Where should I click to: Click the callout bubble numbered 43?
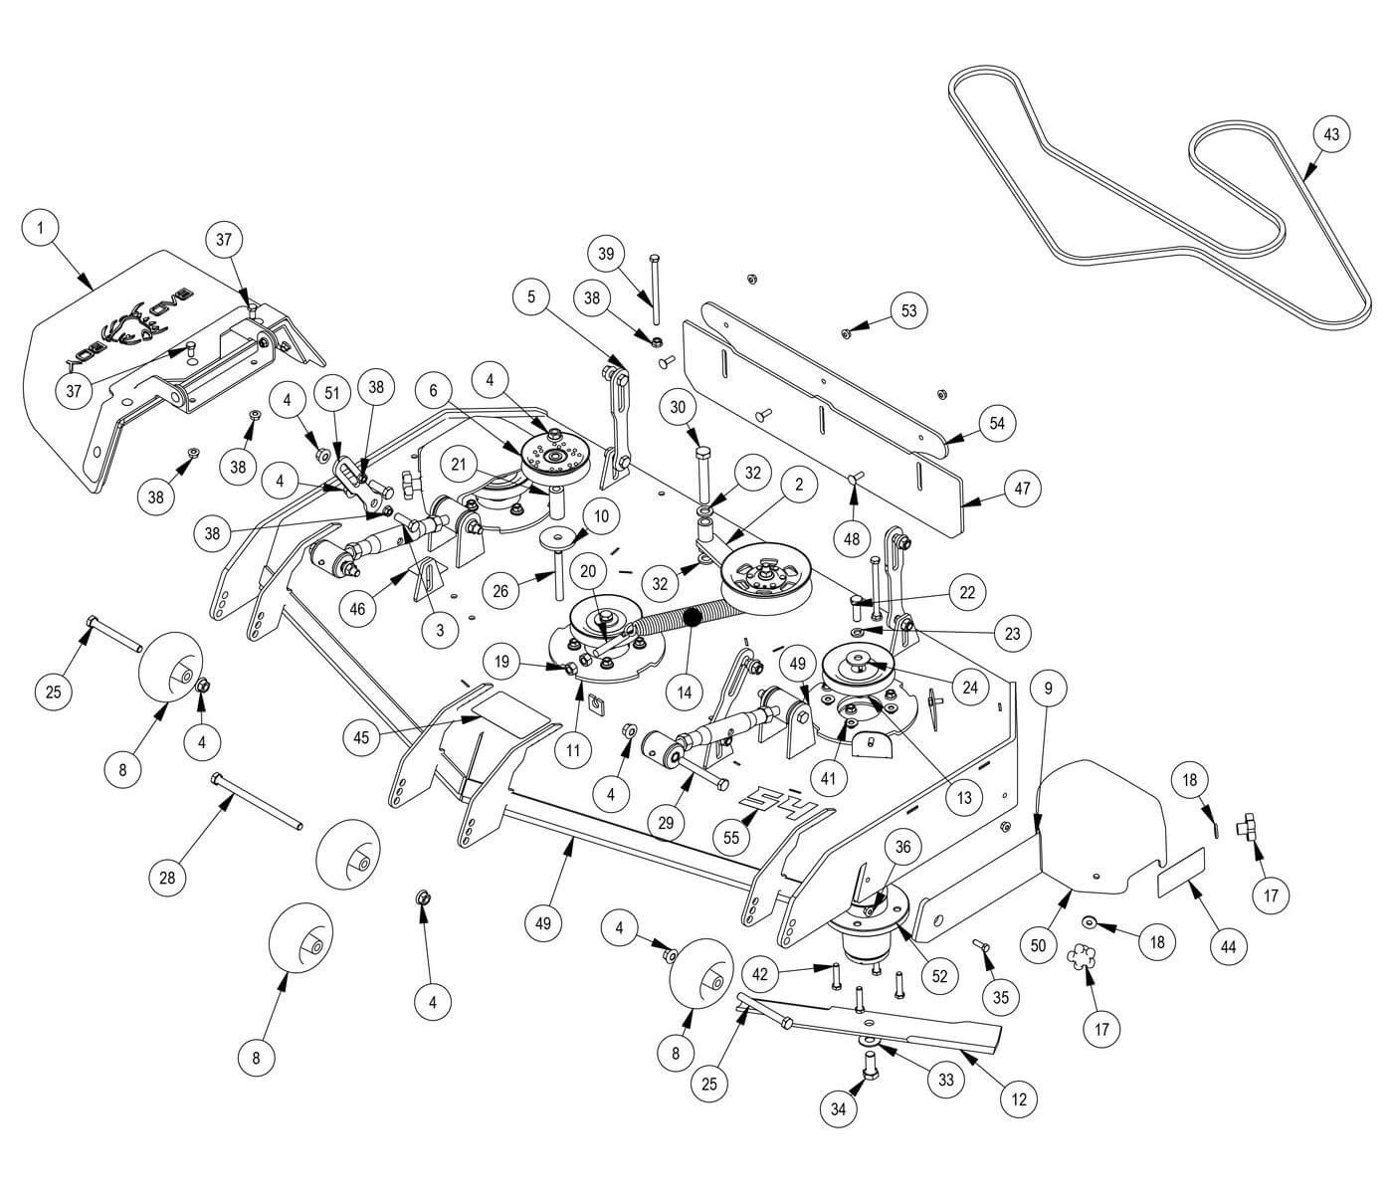tap(1331, 133)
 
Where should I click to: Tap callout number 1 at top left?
tap(40, 228)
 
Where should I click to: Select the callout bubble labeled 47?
tap(1022, 489)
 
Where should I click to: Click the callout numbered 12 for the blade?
tap(1019, 1099)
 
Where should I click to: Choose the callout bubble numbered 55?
tap(731, 838)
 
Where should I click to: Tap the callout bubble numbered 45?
tap(361, 737)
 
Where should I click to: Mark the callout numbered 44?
tap(1228, 947)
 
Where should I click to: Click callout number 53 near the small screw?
tap(908, 310)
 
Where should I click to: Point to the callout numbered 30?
tap(679, 407)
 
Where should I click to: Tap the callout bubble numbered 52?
tap(940, 977)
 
